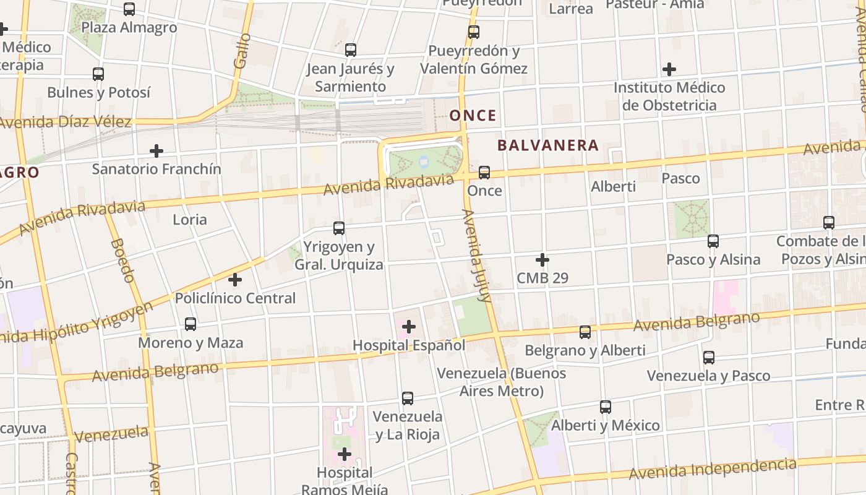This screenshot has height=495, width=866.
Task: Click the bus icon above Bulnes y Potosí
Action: (98, 74)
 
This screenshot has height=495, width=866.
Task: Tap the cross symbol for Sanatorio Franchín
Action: (156, 150)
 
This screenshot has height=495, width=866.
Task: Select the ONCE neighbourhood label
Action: (473, 116)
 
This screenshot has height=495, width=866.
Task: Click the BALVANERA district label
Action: (548, 145)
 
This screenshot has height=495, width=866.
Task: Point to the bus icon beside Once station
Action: (484, 172)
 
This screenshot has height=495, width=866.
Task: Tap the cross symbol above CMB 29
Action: (542, 260)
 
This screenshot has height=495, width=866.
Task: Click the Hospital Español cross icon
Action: (409, 326)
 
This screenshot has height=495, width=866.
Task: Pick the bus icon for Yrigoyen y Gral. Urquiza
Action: (338, 228)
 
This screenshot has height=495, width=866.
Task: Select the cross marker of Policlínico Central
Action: (235, 280)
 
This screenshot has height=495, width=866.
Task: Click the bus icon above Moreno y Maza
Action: (191, 324)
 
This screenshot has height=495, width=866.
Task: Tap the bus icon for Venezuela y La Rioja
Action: (407, 398)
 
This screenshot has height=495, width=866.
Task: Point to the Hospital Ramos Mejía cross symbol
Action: (345, 455)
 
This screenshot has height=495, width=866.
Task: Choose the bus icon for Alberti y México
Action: (606, 407)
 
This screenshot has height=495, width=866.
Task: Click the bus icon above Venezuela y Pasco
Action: (709, 357)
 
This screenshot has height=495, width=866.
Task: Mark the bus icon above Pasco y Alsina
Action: (713, 241)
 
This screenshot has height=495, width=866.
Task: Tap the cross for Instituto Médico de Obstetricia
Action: (669, 69)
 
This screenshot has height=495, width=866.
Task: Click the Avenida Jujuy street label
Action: (476, 256)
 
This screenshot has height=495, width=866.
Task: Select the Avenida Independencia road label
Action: (712, 468)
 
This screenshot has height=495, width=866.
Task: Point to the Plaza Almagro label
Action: (129, 28)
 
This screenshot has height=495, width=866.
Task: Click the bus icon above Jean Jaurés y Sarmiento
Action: (351, 49)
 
